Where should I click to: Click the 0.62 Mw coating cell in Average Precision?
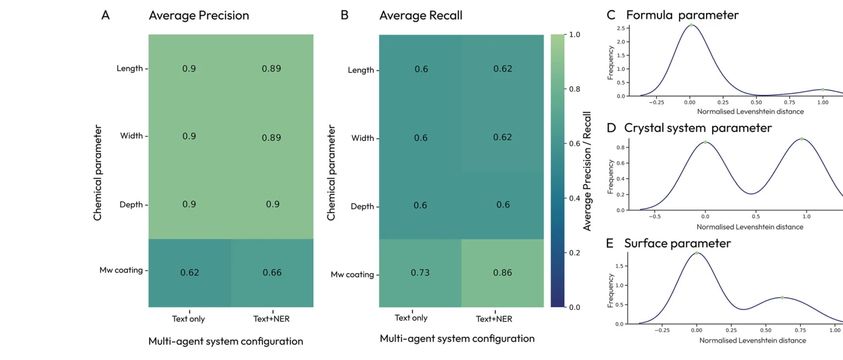(x=190, y=273)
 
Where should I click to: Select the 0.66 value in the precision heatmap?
(x=272, y=273)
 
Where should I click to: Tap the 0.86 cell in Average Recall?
(x=502, y=274)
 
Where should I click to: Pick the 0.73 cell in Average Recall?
(x=420, y=274)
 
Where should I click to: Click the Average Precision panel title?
(x=199, y=15)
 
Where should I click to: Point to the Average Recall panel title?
(x=421, y=15)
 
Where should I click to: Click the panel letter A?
(x=106, y=15)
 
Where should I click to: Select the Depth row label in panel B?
(x=363, y=207)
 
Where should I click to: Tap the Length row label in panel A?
(x=129, y=69)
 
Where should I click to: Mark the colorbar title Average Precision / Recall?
(x=587, y=170)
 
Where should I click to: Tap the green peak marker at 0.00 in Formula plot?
(x=691, y=25)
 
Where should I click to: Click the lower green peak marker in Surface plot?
(x=782, y=297)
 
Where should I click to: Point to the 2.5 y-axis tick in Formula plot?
(x=620, y=28)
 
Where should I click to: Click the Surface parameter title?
(x=677, y=243)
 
